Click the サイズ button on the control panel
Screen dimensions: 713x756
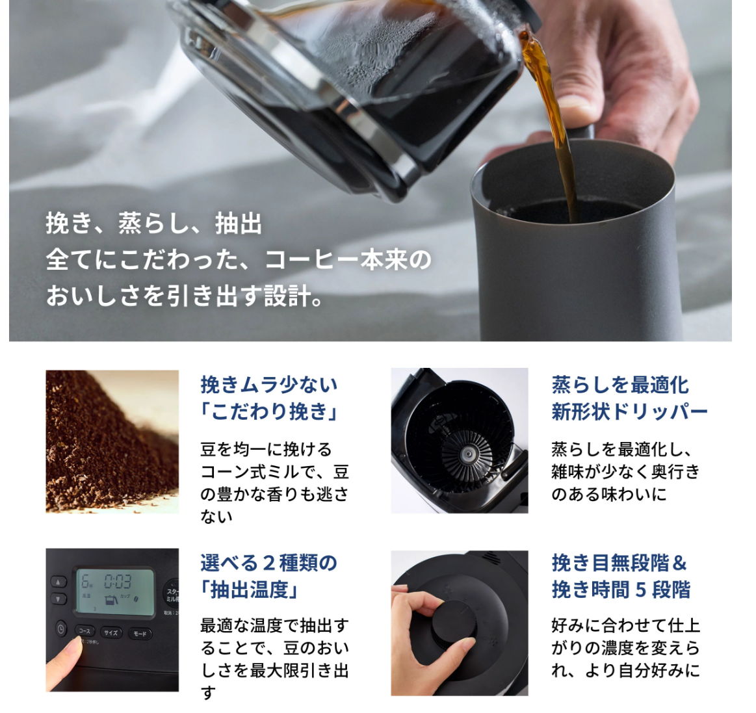111,633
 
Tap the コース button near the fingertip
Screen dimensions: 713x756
85,631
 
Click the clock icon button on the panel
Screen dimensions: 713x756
60,629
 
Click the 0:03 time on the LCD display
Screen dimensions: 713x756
118,581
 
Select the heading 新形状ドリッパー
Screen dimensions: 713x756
629,412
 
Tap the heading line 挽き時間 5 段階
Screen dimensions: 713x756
621,590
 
